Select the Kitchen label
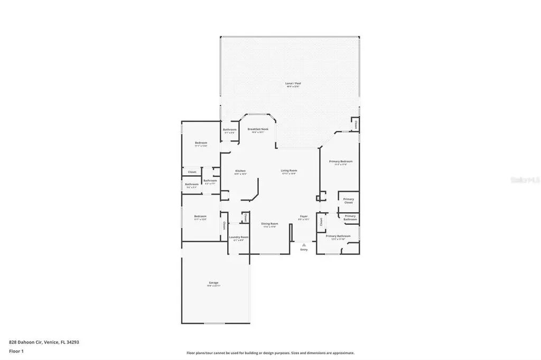[240, 171]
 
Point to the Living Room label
[288, 171]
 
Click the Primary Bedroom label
[340, 162]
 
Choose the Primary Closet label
[348, 201]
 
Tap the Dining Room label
[269, 224]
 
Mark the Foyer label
[304, 216]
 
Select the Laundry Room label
[238, 238]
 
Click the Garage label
[213, 283]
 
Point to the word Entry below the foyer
[304, 249]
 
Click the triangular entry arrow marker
[304, 244]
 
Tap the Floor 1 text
[16, 351]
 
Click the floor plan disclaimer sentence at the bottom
[270, 353]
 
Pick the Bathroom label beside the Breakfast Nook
[230, 130]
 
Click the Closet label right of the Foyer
[321, 222]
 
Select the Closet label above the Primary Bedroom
[356, 125]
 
